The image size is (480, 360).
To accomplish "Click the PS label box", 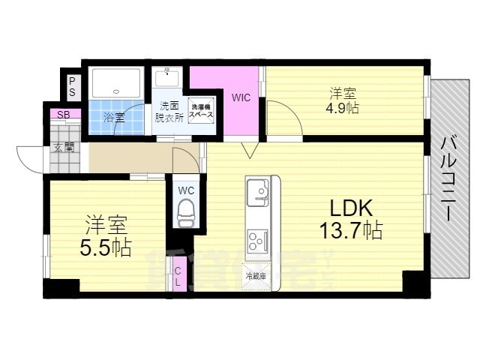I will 72,87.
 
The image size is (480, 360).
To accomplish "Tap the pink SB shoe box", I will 64,115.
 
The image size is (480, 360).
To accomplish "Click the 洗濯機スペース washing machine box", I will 201,112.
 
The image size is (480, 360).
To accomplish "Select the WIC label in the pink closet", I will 241,97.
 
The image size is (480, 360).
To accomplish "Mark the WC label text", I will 186,190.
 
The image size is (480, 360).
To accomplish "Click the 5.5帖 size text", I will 105,248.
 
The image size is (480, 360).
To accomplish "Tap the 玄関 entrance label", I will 64,147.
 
